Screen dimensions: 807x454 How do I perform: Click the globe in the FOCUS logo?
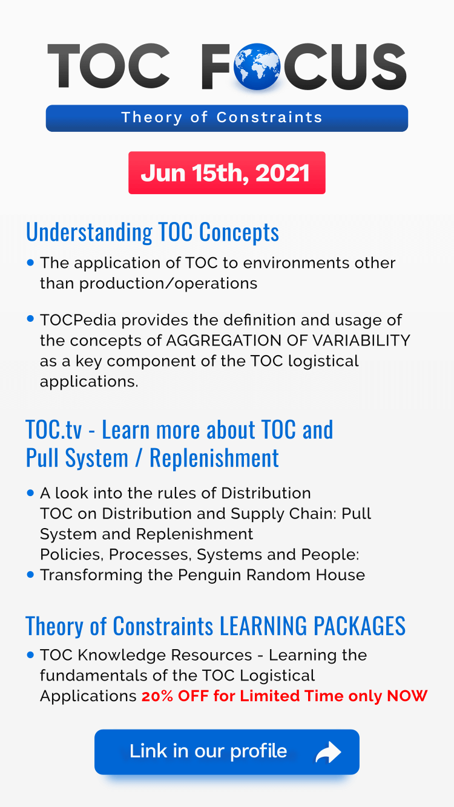256,67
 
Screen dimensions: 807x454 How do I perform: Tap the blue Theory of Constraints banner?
226,117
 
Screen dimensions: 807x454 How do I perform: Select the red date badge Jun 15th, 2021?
226,173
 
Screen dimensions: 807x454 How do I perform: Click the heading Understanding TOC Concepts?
153,232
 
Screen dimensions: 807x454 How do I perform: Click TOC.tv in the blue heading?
54,430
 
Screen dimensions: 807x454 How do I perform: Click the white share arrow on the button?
328,753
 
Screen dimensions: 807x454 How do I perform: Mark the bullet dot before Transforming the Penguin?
31,575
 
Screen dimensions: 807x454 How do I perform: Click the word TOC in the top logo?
109,67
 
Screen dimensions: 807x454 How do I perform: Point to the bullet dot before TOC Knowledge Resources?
31,655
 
